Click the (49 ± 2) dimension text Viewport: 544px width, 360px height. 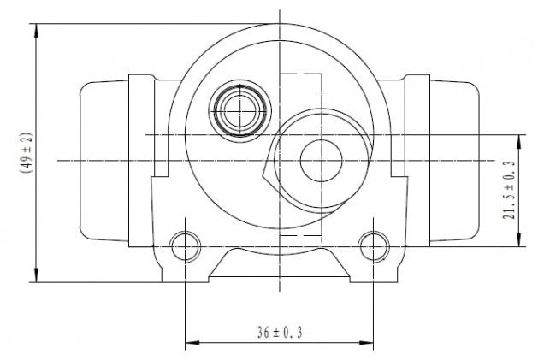[26, 152]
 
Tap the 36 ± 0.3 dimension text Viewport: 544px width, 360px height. [280, 333]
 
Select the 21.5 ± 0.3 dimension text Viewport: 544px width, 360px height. [509, 190]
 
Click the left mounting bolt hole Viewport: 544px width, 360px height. [186, 246]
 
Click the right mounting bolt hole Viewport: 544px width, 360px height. [374, 246]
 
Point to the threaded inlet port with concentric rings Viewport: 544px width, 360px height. [240, 111]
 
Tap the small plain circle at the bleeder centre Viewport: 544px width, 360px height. [322, 161]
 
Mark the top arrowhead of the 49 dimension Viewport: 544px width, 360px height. [36, 31]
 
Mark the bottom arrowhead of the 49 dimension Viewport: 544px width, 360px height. [36, 275]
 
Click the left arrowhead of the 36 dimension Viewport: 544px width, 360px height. [192, 343]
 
